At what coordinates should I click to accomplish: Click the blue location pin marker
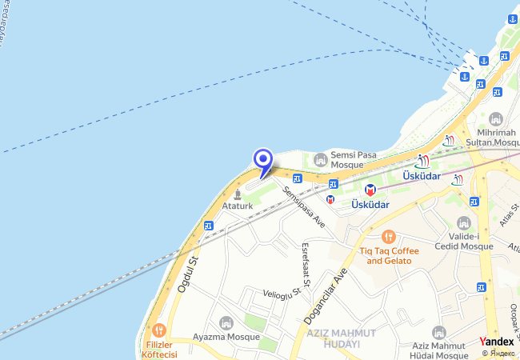263,161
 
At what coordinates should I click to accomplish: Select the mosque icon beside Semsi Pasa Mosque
321,158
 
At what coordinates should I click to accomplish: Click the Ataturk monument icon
238,194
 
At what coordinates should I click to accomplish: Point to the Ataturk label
238,206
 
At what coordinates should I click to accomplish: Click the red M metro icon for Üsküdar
370,190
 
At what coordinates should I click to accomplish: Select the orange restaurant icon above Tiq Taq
389,237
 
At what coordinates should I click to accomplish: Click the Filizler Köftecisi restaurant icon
158,330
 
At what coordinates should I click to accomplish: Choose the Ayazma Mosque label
226,337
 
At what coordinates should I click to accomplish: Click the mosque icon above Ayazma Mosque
226,322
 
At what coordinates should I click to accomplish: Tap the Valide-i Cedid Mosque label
464,241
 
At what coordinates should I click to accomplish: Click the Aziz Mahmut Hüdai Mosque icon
438,333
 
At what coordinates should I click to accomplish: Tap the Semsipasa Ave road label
303,206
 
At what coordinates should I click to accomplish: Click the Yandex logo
497,342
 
